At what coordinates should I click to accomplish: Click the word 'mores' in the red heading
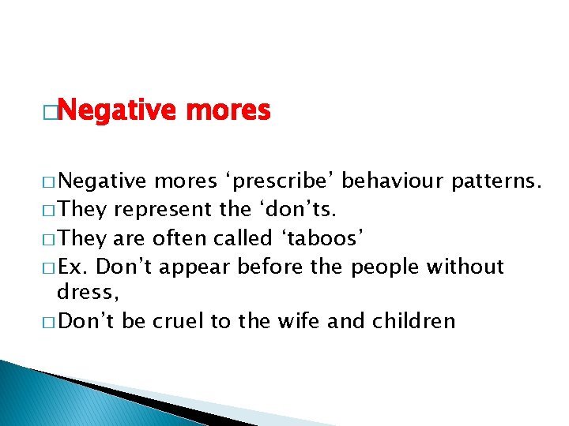(x=228, y=111)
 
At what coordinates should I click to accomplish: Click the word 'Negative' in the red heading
(x=119, y=111)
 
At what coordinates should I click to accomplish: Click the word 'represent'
(x=164, y=211)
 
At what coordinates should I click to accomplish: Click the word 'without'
(x=465, y=267)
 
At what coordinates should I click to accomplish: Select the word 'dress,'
(x=88, y=293)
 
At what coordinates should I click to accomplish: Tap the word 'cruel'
(x=179, y=321)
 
